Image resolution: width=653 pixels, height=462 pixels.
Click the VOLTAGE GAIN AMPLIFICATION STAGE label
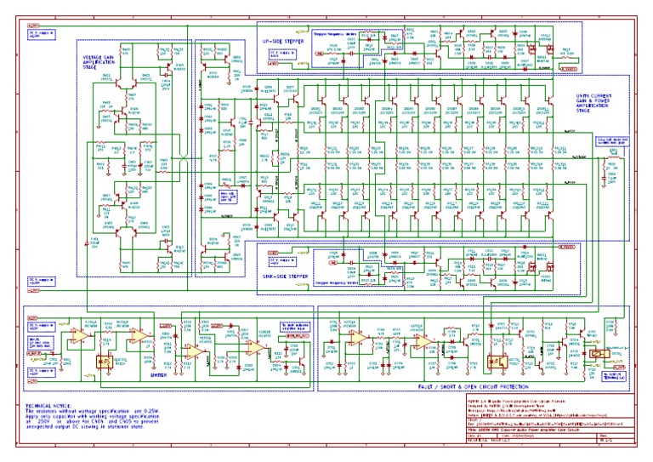coord(99,61)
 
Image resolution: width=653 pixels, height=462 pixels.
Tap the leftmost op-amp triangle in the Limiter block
coord(79,338)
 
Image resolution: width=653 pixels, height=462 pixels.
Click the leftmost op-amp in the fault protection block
coord(356,338)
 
